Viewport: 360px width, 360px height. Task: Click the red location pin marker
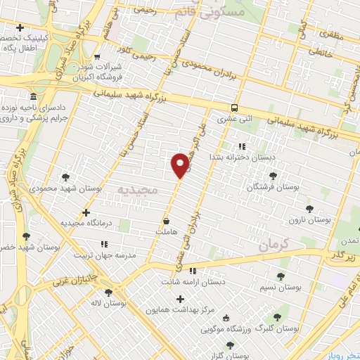(x=180, y=165)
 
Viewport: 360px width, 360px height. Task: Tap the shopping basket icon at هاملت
(x=165, y=221)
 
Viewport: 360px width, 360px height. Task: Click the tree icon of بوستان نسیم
(x=281, y=276)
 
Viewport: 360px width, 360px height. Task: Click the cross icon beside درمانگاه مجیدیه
(x=86, y=212)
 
